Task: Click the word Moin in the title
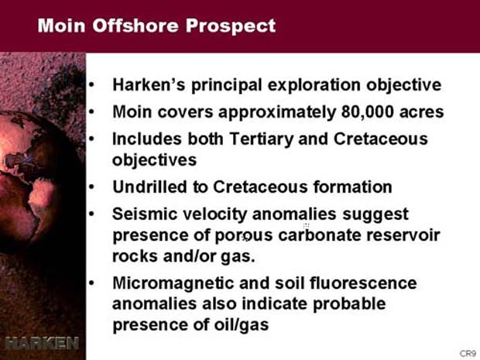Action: (x=61, y=26)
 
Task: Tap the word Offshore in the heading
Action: (x=135, y=26)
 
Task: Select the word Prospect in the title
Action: (x=231, y=26)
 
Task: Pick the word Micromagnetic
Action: (x=173, y=283)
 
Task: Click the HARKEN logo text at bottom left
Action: (x=42, y=343)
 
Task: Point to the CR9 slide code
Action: (x=468, y=354)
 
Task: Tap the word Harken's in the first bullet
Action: (x=149, y=85)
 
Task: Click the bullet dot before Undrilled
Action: (x=91, y=187)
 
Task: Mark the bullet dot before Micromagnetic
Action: (x=91, y=283)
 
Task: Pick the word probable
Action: (x=349, y=304)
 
